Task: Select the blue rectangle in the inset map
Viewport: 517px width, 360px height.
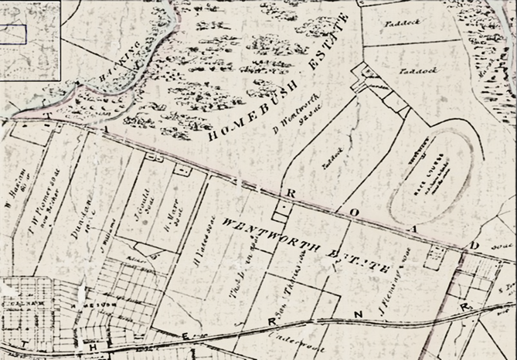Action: [14, 34]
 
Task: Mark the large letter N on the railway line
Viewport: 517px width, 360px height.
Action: [357, 313]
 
